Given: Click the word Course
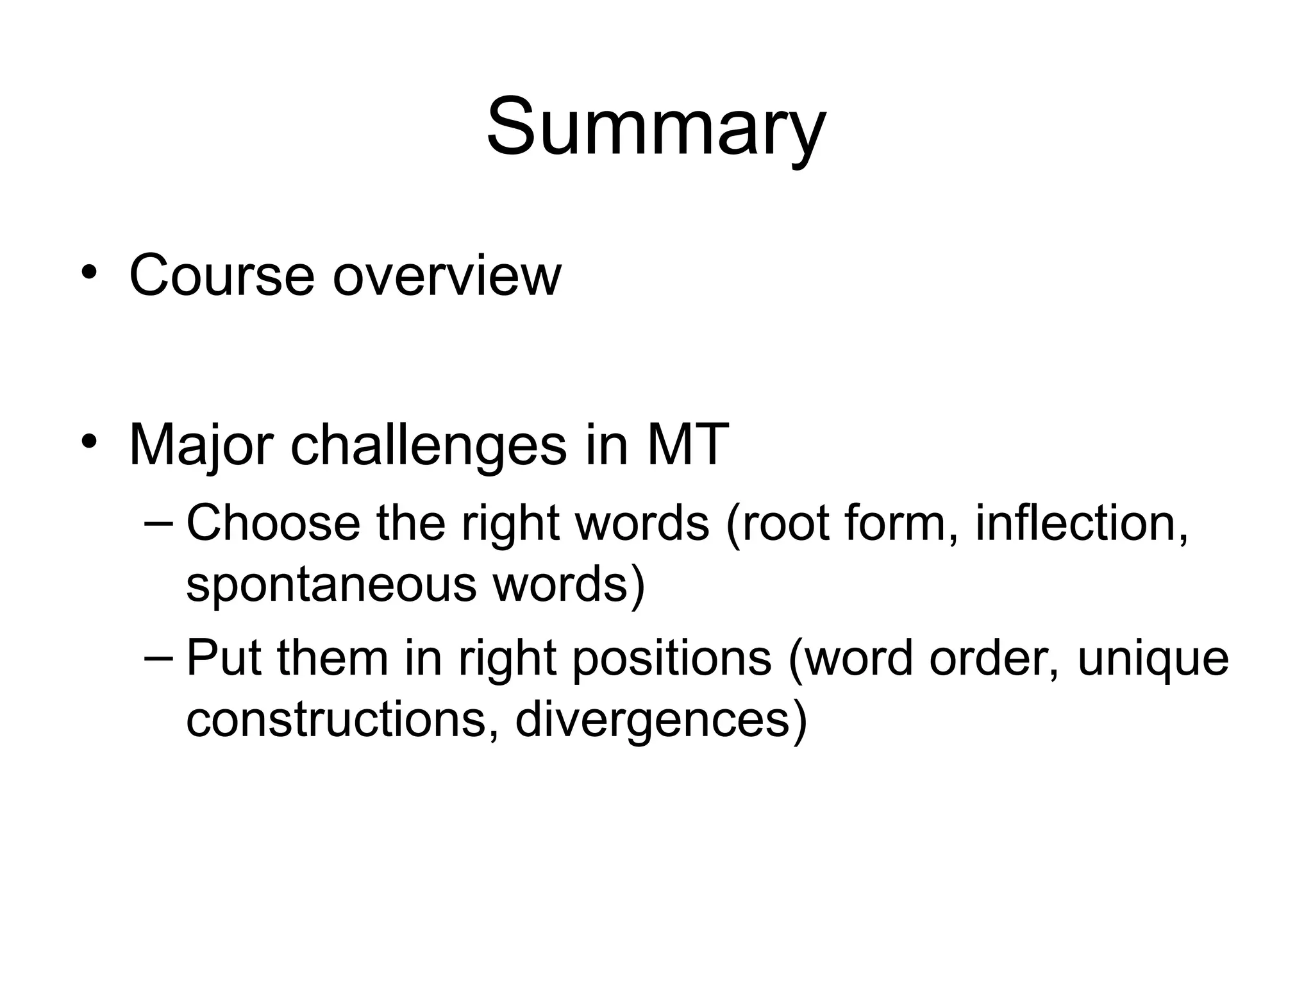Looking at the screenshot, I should coord(222,276).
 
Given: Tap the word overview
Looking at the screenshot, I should coord(447,276).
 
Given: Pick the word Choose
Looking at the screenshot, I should coord(273,523).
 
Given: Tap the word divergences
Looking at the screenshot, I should coord(660,720).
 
